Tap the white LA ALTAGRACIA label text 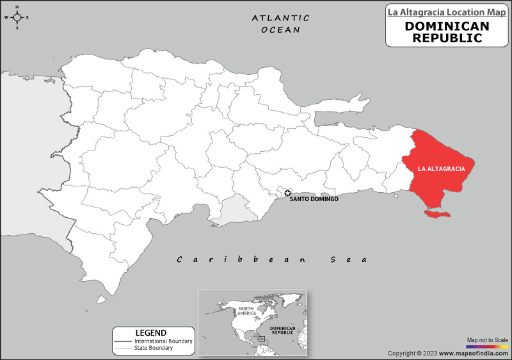coord(441,168)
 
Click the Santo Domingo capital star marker coord(287,193)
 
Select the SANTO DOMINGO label coord(314,199)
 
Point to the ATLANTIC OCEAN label coord(280,24)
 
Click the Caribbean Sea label coord(273,259)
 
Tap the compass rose coord(17,17)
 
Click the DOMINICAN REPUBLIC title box coord(447,32)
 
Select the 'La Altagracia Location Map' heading coord(447,12)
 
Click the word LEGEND coord(151,332)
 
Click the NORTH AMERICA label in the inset coord(247,311)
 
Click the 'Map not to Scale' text coord(487,340)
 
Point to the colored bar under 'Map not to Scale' coord(487,346)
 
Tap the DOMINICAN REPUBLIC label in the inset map coord(282,331)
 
